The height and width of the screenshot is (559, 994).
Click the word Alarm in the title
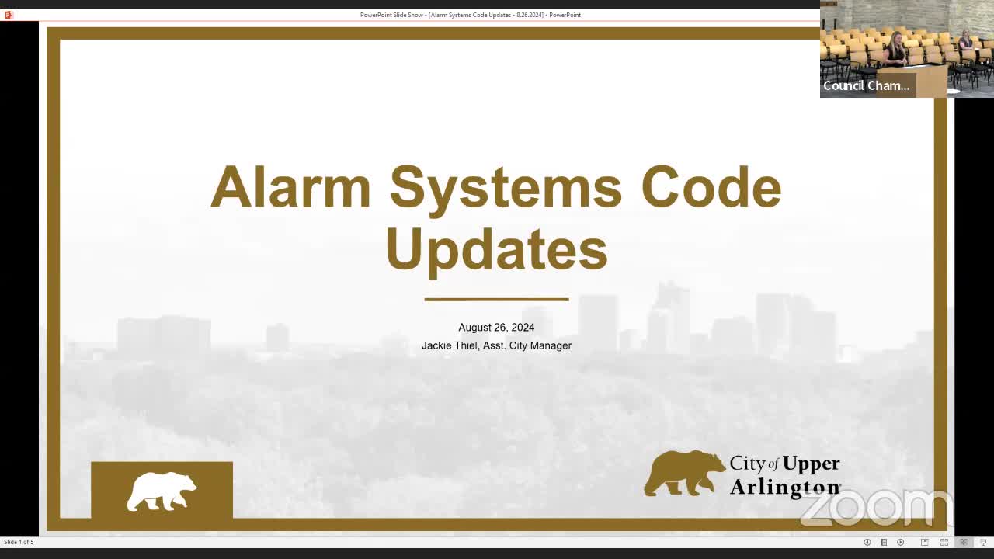point(290,188)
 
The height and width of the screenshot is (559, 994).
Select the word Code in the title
point(711,188)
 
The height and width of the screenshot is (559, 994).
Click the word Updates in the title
point(496,249)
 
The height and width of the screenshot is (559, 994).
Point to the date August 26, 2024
point(496,328)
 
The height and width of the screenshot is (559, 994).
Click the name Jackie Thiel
point(450,345)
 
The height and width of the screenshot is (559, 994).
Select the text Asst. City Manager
point(527,345)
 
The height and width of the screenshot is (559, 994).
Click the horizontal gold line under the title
point(496,299)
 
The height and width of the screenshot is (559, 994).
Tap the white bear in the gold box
point(162,491)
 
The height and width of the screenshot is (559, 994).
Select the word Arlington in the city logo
point(784,487)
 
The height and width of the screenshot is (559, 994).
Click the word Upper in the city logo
point(811,464)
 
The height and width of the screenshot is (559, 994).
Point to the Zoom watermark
point(876,508)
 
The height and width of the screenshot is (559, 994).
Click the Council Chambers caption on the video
point(866,86)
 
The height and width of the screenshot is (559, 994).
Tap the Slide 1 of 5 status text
point(19,542)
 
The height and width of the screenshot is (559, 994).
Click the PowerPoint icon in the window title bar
point(9,15)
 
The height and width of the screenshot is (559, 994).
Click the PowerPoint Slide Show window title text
point(470,15)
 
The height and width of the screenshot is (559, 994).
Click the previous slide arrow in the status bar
point(867,542)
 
